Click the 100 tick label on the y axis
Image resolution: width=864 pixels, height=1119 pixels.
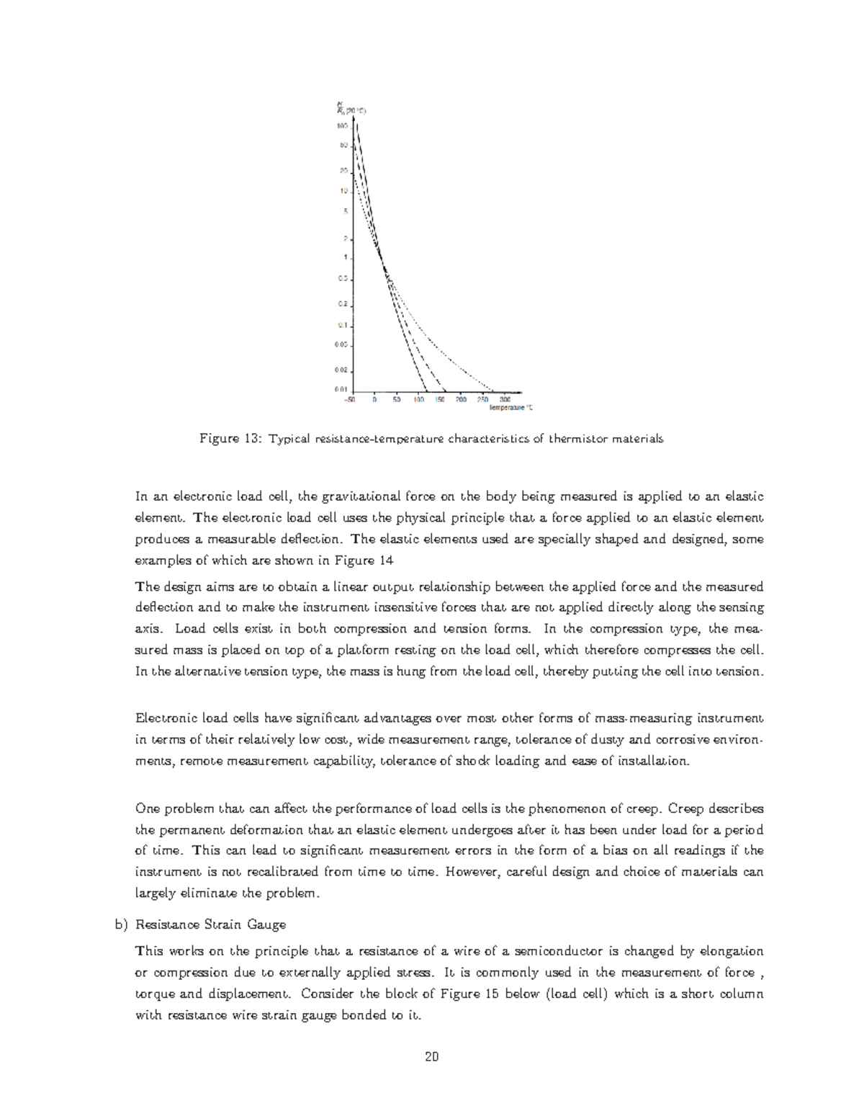click(343, 125)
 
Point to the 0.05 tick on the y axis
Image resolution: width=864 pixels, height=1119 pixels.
click(341, 344)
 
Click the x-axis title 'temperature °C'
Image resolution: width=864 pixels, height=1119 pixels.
click(511, 407)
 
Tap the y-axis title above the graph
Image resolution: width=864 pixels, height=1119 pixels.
click(351, 109)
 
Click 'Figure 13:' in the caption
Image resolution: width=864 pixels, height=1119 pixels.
click(229, 440)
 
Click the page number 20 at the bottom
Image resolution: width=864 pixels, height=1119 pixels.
click(432, 1057)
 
